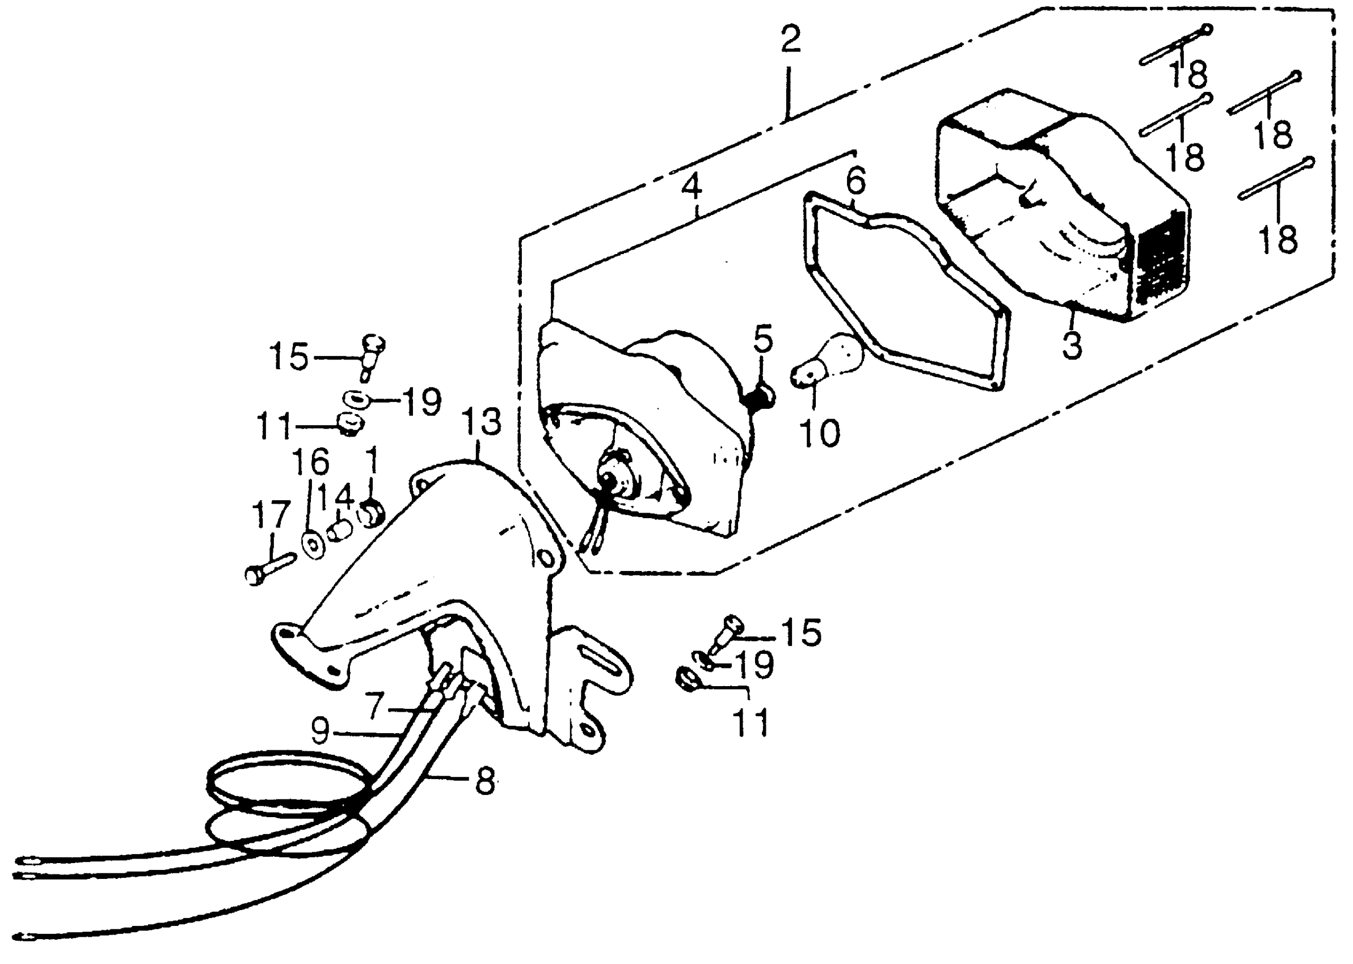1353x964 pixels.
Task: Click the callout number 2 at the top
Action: pyautogui.click(x=790, y=39)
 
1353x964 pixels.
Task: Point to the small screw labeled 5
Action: pyautogui.click(x=761, y=396)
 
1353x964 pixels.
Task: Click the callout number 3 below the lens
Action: pyautogui.click(x=1072, y=345)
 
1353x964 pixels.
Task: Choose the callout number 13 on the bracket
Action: pyautogui.click(x=482, y=422)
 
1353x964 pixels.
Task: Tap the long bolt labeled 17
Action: pyautogui.click(x=270, y=568)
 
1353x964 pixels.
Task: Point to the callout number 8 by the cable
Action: pyautogui.click(x=484, y=782)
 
